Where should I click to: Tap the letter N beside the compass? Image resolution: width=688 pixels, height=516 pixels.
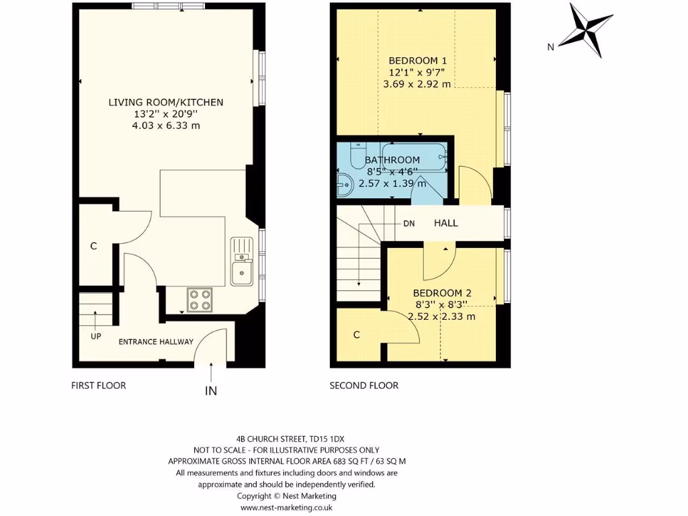tap(550, 47)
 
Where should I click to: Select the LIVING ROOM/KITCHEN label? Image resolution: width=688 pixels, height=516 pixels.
tap(166, 102)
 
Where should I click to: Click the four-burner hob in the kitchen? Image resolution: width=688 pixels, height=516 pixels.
tap(199, 299)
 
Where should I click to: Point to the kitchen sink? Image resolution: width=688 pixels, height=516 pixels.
tap(240, 273)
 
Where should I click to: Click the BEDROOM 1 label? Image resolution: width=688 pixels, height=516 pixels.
tap(417, 60)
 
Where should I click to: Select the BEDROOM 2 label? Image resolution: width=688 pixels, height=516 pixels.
tap(442, 293)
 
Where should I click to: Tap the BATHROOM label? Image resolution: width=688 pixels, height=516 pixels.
tap(392, 160)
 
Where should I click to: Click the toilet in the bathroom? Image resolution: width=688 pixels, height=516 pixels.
tap(357, 155)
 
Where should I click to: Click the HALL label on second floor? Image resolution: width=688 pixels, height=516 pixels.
tap(445, 223)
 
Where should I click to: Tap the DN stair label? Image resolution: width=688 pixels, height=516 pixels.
tap(409, 224)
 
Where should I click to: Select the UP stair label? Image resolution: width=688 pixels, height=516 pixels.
tap(95, 336)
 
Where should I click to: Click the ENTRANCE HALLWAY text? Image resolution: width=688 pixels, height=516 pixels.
tap(156, 342)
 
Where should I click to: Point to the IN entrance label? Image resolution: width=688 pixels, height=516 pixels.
tap(211, 390)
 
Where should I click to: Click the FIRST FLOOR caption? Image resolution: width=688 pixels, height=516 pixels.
tap(99, 386)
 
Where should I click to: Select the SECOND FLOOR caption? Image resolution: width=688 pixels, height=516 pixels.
tap(363, 386)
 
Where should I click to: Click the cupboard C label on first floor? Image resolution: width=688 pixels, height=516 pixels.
tap(93, 247)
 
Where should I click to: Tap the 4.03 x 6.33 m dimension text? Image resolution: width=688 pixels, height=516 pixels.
tap(166, 126)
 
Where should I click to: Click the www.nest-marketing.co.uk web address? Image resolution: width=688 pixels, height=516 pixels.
tap(287, 508)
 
